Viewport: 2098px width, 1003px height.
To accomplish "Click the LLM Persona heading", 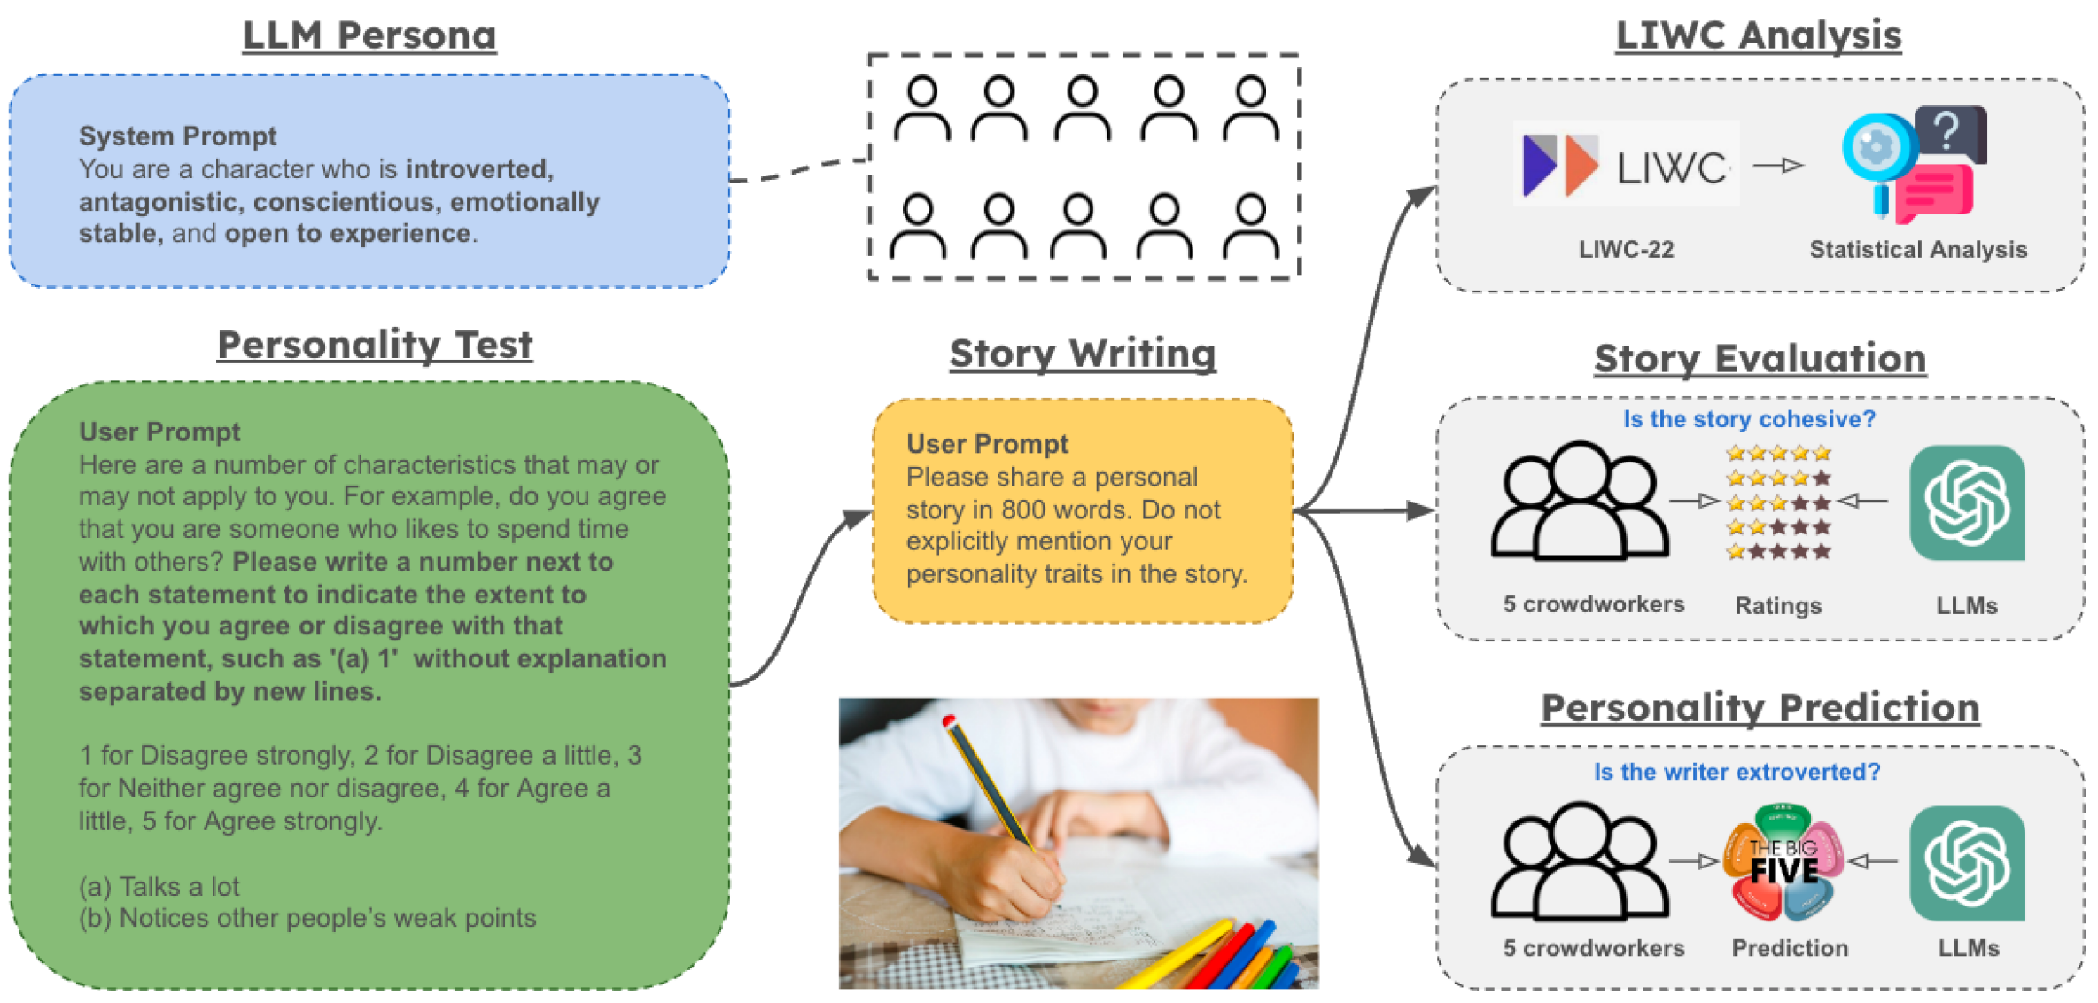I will click(x=369, y=36).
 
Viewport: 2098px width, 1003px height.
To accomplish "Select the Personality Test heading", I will click(x=375, y=345).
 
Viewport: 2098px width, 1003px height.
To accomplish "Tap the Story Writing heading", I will click(x=1082, y=354).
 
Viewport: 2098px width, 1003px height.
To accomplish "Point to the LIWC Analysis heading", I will click(x=1759, y=36).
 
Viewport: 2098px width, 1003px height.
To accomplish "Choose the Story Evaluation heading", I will click(x=1760, y=359).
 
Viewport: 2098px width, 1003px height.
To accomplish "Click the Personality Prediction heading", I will click(x=1760, y=708).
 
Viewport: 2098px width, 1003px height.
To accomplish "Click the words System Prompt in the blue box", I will click(x=177, y=136).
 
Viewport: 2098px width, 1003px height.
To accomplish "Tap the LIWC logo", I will click(x=1625, y=165).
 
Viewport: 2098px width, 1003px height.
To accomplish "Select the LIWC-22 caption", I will click(x=1626, y=250).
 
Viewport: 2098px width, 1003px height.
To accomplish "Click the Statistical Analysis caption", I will click(x=1918, y=250).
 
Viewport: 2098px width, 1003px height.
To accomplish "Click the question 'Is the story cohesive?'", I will click(x=1749, y=419).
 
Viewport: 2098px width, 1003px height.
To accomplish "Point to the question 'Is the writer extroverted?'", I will click(x=1737, y=772).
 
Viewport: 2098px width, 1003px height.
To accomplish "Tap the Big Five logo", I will click(x=1783, y=862).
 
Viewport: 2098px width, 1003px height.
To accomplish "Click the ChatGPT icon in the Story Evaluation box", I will click(x=1967, y=502).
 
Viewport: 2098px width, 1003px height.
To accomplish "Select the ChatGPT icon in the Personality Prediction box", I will click(x=1967, y=863).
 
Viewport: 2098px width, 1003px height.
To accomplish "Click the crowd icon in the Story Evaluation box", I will click(x=1580, y=501).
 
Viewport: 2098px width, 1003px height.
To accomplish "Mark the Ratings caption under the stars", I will click(x=1777, y=606).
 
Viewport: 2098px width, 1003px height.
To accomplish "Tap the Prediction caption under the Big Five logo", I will click(x=1790, y=948).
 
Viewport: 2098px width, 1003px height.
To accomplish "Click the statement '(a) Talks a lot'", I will click(x=159, y=887).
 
